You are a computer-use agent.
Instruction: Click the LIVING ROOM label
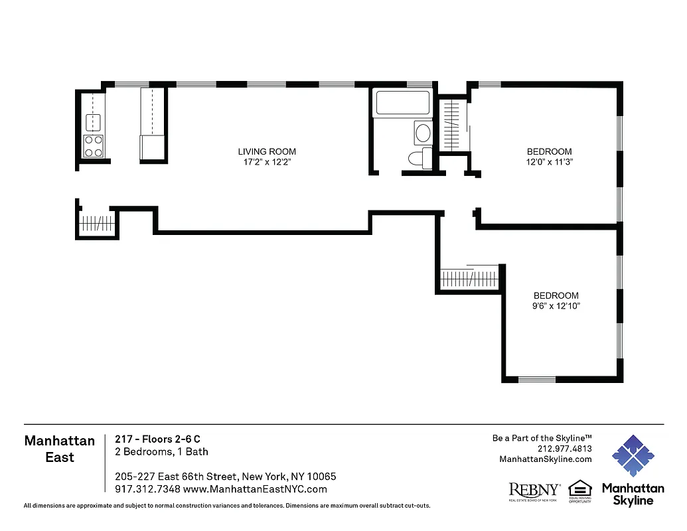click(x=267, y=151)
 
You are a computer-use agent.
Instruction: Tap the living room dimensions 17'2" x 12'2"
click(x=267, y=162)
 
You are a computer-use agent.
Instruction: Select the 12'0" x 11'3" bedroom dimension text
click(x=549, y=161)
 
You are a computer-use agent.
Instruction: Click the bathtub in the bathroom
click(x=403, y=103)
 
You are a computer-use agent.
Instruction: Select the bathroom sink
click(x=423, y=133)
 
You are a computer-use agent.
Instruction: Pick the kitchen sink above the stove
click(x=93, y=121)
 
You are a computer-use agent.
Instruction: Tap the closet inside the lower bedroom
click(x=470, y=278)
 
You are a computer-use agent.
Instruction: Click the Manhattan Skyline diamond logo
click(x=633, y=457)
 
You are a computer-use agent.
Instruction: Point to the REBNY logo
click(x=534, y=491)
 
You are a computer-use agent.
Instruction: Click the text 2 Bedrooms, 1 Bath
click(x=161, y=452)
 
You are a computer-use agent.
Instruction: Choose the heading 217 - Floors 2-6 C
click(x=157, y=439)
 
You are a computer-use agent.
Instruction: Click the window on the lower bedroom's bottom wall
click(x=536, y=380)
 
